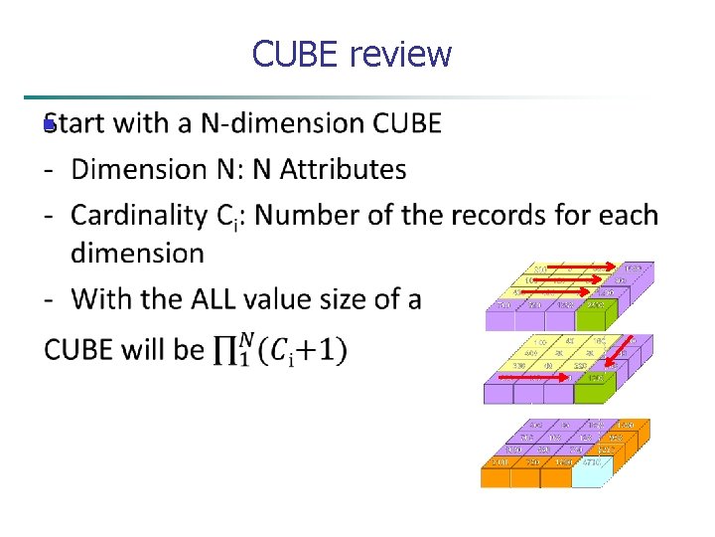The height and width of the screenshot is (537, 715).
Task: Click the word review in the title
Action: click(401, 54)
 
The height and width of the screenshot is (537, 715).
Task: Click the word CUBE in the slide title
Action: click(296, 54)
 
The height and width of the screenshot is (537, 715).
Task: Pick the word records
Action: click(505, 215)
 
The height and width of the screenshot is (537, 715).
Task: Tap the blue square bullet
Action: click(46, 126)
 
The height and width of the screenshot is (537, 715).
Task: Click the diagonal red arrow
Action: click(620, 351)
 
